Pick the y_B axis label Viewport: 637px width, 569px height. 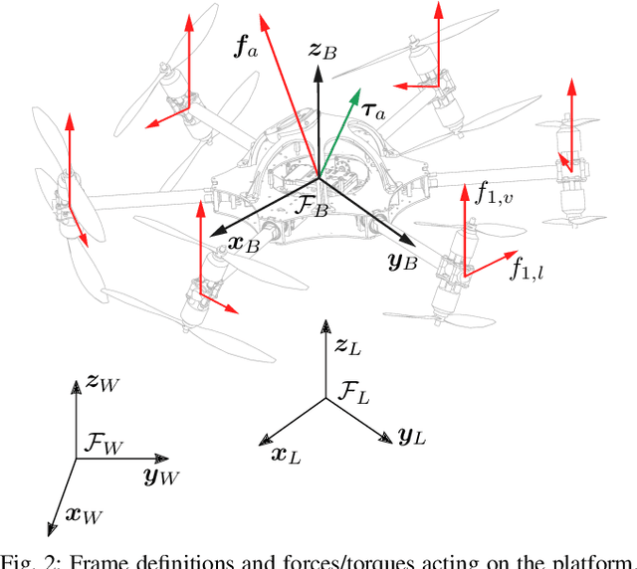pyautogui.click(x=404, y=263)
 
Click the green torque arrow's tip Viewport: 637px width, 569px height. pyautogui.click(x=357, y=93)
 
